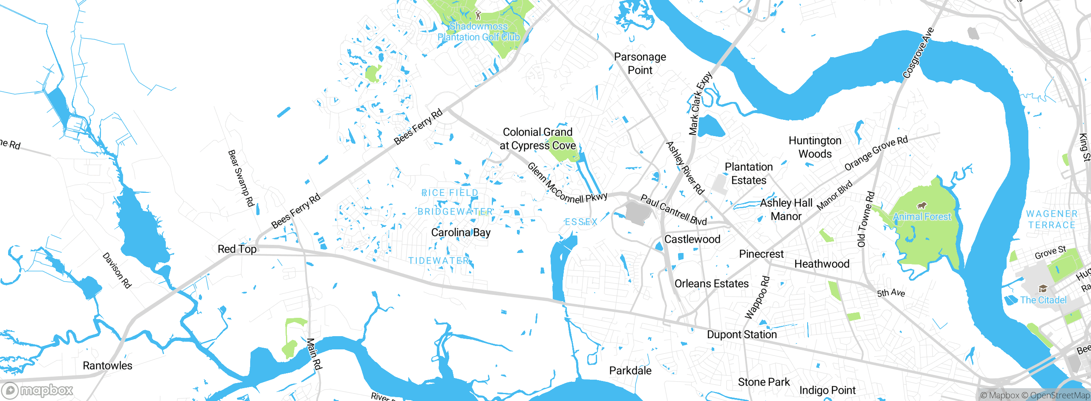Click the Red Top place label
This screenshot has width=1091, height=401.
[237, 249]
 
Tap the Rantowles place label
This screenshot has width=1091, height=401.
[107, 366]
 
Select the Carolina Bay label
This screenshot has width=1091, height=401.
[461, 232]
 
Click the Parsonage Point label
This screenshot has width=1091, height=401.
[640, 63]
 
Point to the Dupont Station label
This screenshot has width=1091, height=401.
[742, 334]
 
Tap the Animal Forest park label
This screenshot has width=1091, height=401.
[922, 217]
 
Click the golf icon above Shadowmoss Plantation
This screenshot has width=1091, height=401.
[478, 16]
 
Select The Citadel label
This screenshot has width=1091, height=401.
[1043, 300]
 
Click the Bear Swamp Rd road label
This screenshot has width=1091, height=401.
[241, 178]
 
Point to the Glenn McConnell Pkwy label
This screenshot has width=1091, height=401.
[566, 184]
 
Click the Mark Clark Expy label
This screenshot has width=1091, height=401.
[701, 103]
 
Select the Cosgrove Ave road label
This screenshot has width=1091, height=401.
[918, 53]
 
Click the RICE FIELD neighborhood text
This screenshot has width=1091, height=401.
[450, 193]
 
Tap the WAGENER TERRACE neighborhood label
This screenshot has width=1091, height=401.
[1051, 219]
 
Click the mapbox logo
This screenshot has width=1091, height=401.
[38, 390]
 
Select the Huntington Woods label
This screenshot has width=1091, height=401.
[815, 147]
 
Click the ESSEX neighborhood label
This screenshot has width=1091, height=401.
[581, 222]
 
